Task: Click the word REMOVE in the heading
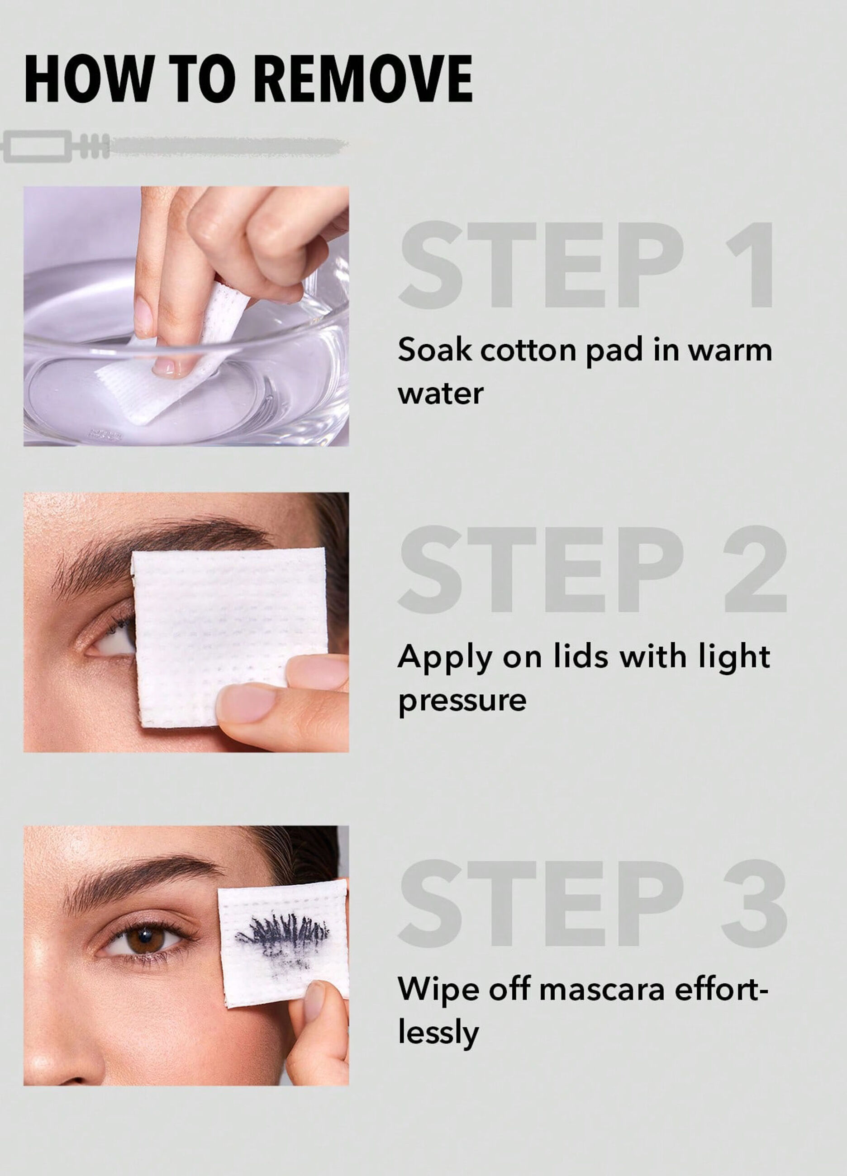point(363,79)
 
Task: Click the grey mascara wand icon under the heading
point(171,147)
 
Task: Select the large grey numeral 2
point(755,570)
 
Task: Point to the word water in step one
point(440,394)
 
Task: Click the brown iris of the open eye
point(146,938)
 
